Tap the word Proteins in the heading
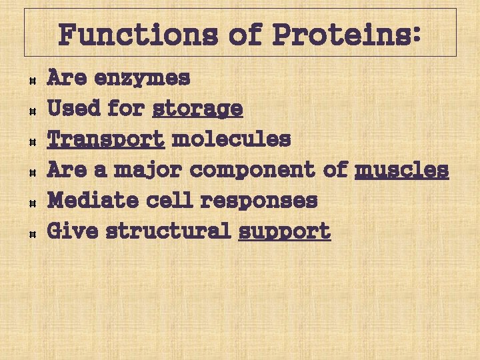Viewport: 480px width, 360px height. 346,34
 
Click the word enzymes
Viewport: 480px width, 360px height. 142,79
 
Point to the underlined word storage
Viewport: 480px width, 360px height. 197,109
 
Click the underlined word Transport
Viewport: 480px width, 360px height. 106,139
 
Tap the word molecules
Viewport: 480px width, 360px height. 231,139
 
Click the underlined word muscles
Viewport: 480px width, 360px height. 401,170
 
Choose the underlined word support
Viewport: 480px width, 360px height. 284,231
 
